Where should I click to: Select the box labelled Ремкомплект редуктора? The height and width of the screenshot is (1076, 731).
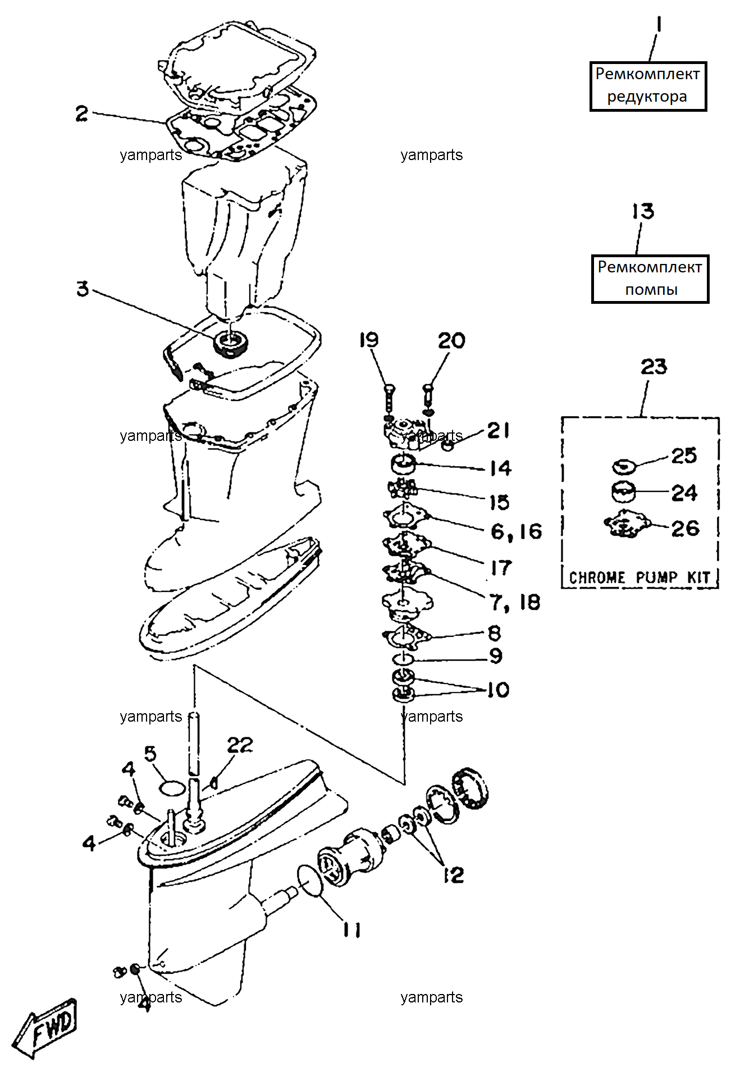pyautogui.click(x=648, y=86)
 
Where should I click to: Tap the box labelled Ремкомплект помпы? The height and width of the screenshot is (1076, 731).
pyautogui.click(x=650, y=279)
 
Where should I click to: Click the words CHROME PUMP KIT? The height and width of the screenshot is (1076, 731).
pyautogui.click(x=639, y=577)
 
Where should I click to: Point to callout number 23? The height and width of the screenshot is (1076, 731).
pyautogui.click(x=654, y=367)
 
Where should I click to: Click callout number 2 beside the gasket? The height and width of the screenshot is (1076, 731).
pyautogui.click(x=82, y=113)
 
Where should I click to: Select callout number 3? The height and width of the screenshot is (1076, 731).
pyautogui.click(x=83, y=289)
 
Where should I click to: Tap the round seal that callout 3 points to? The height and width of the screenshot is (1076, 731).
pyautogui.click(x=231, y=343)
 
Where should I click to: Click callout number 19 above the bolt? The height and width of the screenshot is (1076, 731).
pyautogui.click(x=369, y=340)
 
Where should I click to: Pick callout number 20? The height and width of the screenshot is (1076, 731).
pyautogui.click(x=451, y=340)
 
